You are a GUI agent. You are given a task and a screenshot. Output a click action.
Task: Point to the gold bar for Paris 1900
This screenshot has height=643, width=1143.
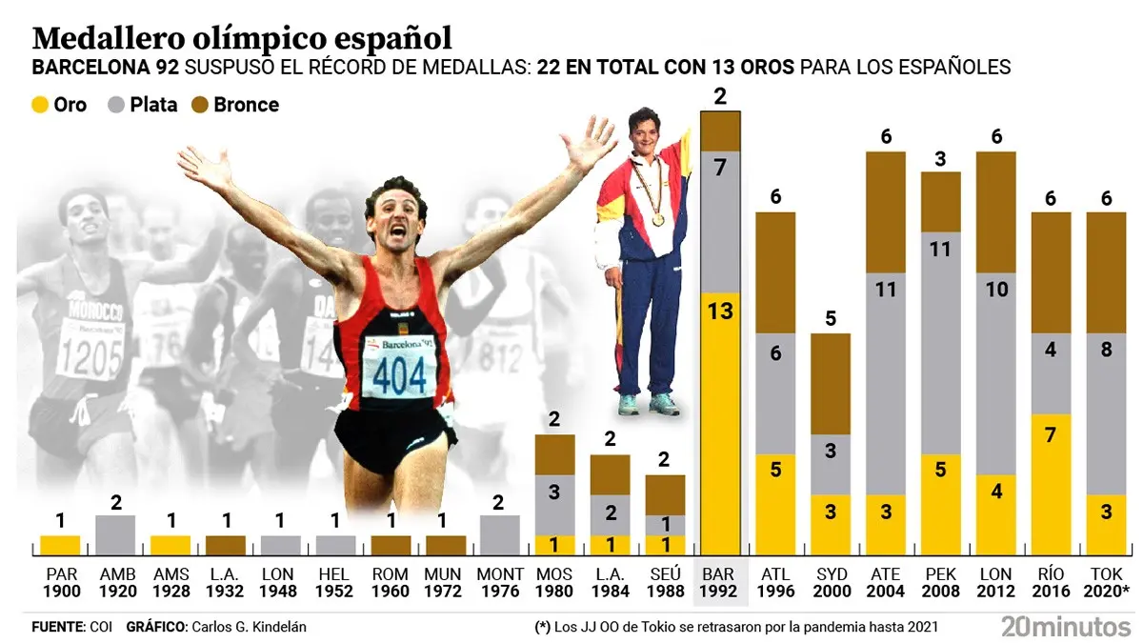tap(60, 546)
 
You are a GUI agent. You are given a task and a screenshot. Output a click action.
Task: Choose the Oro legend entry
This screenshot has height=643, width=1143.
tap(59, 105)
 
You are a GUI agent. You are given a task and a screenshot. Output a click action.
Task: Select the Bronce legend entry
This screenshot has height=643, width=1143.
tap(235, 105)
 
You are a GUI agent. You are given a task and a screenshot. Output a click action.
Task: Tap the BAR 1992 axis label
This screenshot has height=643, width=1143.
tap(720, 582)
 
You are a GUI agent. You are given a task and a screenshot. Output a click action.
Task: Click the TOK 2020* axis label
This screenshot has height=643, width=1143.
tap(1107, 582)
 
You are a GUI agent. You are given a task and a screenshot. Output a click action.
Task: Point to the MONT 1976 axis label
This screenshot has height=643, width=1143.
tap(499, 582)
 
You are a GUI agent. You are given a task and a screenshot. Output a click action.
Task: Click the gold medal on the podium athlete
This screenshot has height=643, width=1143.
tap(658, 219)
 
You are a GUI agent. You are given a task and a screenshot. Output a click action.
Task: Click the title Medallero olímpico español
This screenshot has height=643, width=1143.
tap(242, 38)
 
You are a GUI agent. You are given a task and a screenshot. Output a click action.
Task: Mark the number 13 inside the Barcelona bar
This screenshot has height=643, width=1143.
tap(720, 311)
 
